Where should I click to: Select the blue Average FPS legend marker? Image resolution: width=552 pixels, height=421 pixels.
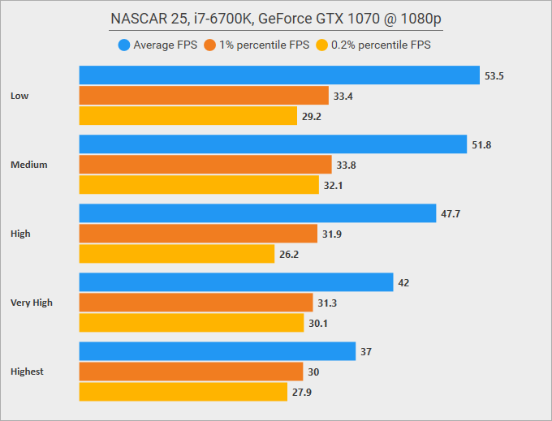coord(124,45)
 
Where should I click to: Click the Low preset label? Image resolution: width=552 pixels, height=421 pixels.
coord(20,96)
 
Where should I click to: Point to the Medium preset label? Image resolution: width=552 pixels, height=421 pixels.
coord(29,165)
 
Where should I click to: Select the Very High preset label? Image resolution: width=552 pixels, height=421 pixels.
coord(32,303)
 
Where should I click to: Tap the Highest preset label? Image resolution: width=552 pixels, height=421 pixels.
coord(28,372)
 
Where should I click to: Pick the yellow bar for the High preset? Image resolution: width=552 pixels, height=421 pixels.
coord(177,254)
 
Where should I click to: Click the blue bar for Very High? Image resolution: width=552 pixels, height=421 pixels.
coord(236,282)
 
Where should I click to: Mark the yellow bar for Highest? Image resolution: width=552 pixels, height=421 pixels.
coord(183,392)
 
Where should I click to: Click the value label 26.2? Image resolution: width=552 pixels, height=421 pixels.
coord(289,254)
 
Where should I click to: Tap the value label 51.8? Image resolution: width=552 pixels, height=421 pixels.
coord(481,144)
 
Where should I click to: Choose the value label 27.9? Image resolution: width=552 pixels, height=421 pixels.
coord(301,392)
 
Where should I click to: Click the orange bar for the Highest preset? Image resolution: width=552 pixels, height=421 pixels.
coord(191,372)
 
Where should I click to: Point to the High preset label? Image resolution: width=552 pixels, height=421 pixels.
coord(21,234)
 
